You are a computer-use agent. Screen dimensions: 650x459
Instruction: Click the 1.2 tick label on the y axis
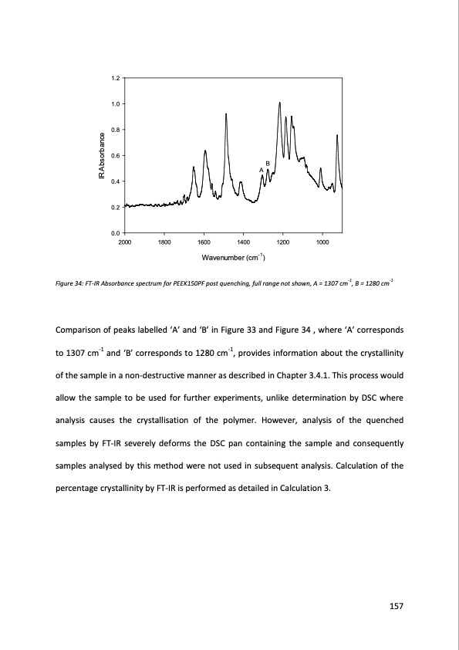click(x=115, y=78)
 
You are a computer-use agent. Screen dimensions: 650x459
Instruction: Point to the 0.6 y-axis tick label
click(x=115, y=155)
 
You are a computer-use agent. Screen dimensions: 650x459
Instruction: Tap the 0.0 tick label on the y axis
click(x=115, y=232)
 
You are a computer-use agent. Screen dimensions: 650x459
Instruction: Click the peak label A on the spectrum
click(x=261, y=170)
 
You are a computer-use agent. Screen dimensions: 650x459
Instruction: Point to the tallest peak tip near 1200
click(x=279, y=103)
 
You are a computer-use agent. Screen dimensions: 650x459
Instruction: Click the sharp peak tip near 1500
click(x=226, y=113)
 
